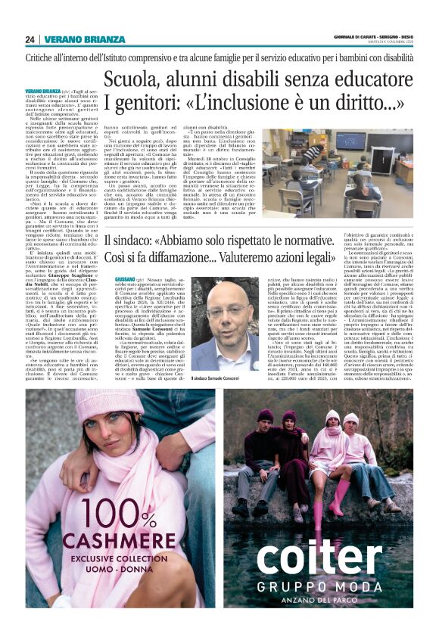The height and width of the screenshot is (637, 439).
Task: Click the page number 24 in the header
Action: (x=30, y=39)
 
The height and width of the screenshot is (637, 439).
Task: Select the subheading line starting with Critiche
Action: (x=219, y=57)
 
